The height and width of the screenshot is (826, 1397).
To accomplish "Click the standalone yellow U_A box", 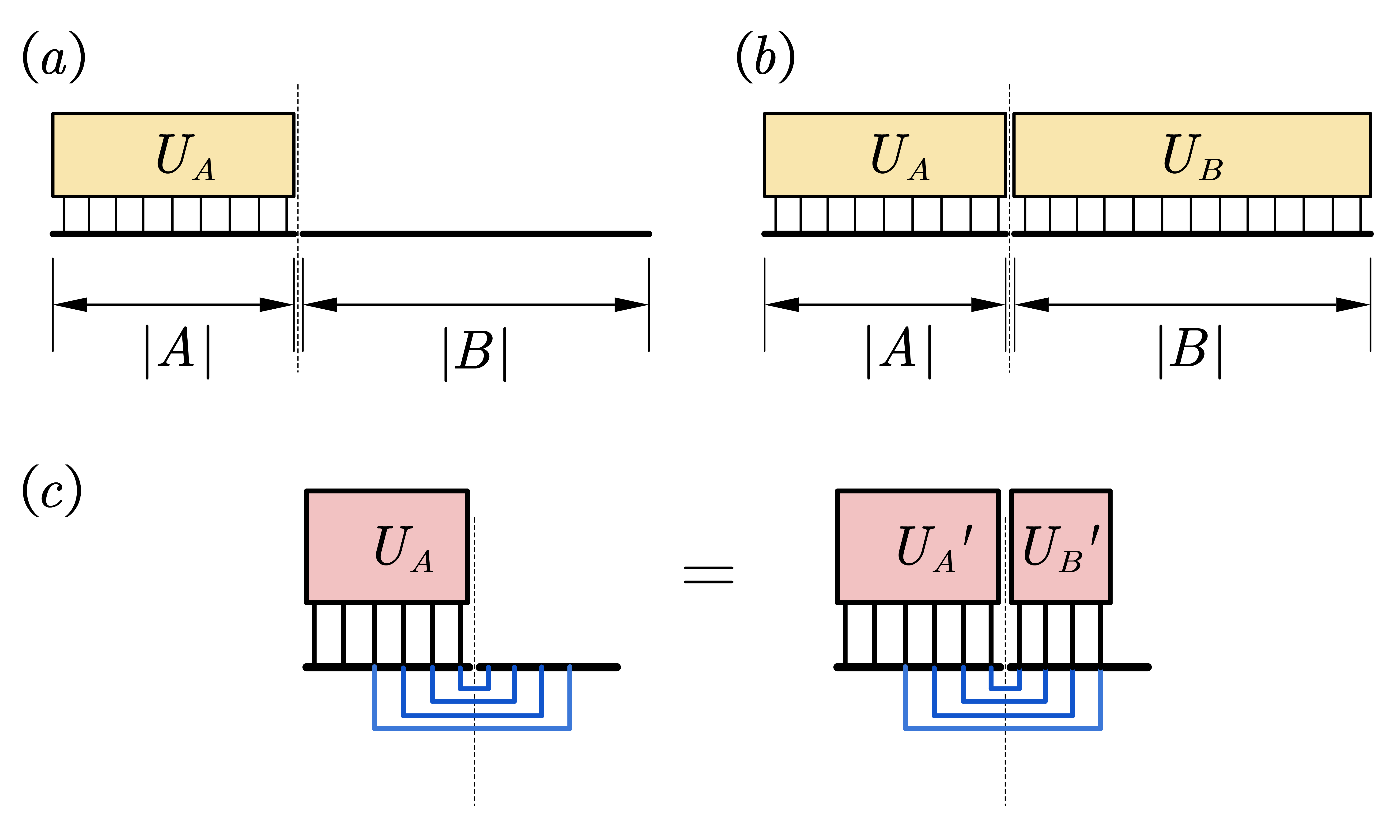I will [173, 155].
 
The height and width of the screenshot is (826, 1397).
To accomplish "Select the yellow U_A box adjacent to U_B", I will [885, 155].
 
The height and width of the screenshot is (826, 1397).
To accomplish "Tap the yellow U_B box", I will [1192, 155].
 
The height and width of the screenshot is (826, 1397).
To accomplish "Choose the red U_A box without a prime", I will [387, 547].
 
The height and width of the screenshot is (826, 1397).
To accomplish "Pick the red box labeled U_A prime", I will [917, 547].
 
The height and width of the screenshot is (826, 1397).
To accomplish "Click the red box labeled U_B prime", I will [1060, 547].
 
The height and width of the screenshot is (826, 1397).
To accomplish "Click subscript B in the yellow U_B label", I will [1211, 170].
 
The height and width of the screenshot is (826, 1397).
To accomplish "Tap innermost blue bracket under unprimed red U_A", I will [474, 689].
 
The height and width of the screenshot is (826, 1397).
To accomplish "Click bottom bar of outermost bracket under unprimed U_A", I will [472, 728].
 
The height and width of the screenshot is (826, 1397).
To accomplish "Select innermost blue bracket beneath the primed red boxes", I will [1005, 689].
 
